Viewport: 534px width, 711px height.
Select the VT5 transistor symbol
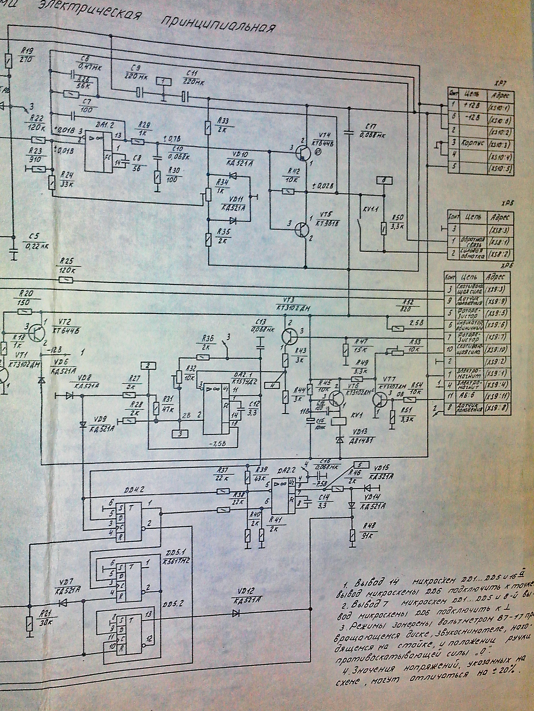tap(301, 228)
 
